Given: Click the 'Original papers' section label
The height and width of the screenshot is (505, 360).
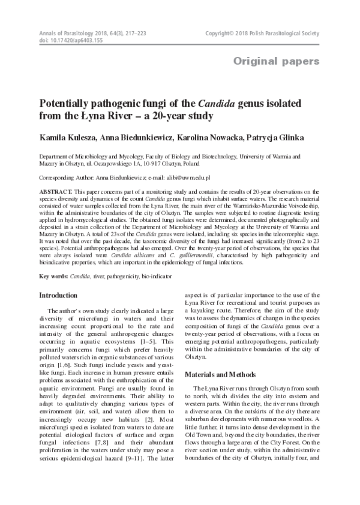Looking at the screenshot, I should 276,61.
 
